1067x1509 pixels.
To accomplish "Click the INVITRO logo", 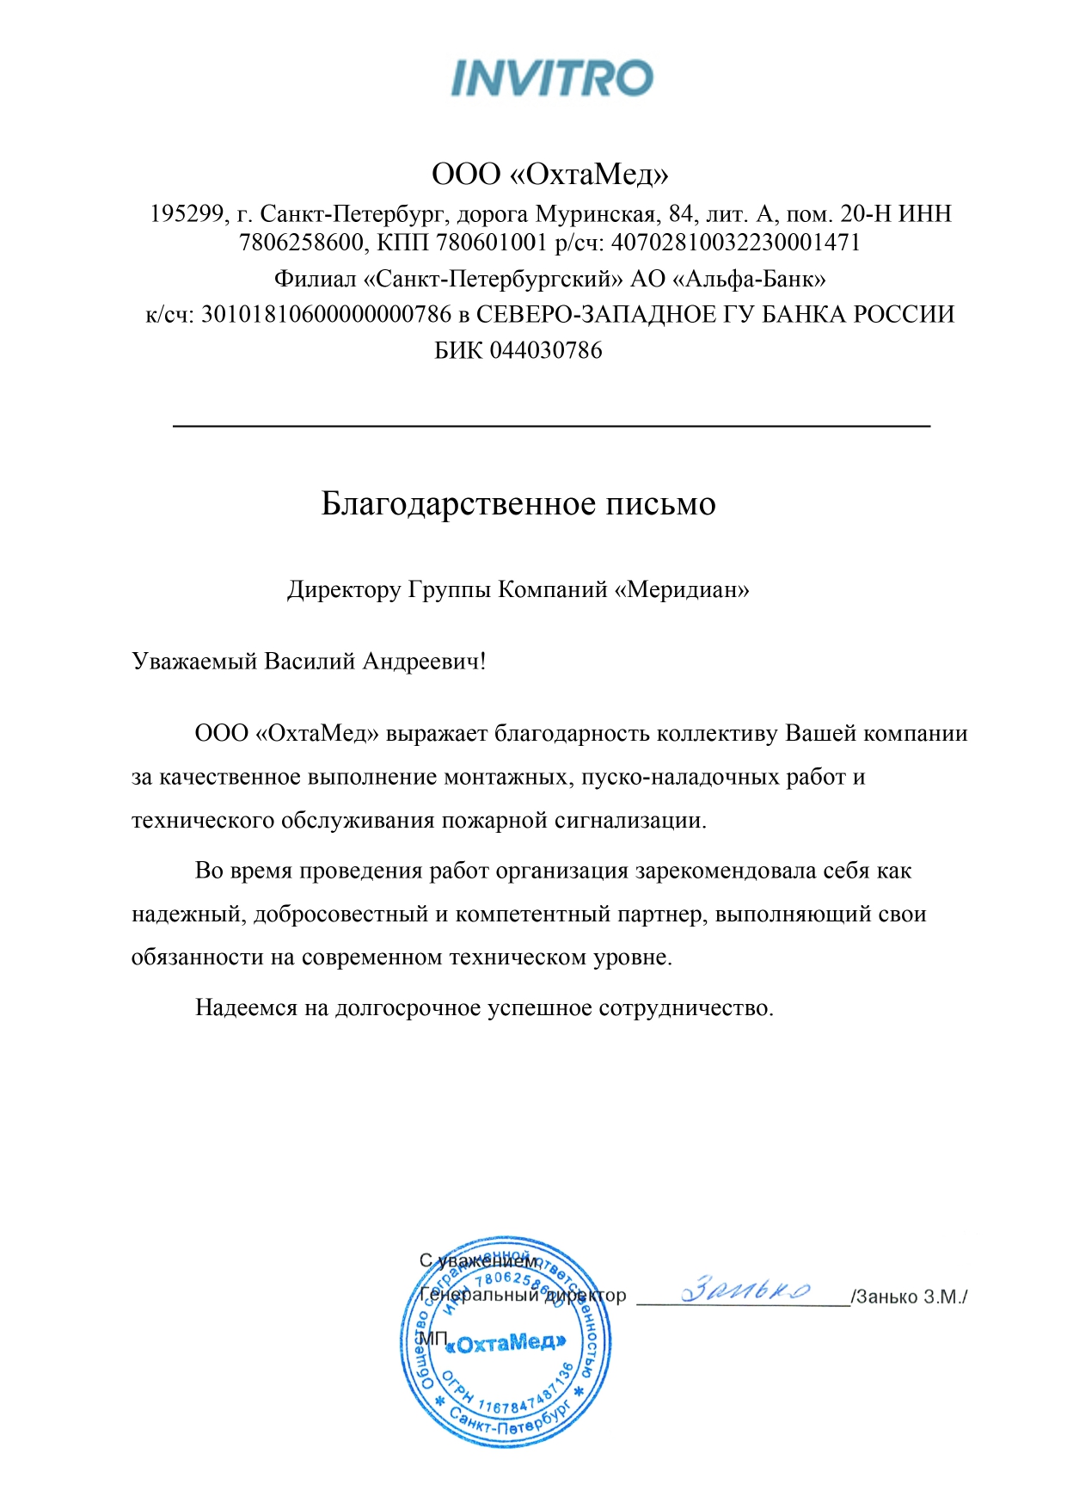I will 551,78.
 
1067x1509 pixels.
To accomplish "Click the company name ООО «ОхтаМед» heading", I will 550,175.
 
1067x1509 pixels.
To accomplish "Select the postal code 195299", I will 189,213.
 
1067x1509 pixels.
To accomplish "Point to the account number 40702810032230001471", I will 735,243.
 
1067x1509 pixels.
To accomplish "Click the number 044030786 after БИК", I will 545,350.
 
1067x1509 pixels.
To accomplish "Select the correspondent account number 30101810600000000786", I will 326,314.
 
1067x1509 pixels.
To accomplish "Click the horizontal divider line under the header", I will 551,425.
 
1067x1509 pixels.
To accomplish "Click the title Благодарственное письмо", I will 518,503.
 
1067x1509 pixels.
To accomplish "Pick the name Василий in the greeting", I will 310,661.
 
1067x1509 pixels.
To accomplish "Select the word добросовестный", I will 340,914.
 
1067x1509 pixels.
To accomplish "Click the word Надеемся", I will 246,1007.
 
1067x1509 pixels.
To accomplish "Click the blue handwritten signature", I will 745,1290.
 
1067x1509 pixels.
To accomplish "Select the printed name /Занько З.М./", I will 909,1297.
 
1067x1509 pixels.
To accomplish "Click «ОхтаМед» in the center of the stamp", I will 507,1343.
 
